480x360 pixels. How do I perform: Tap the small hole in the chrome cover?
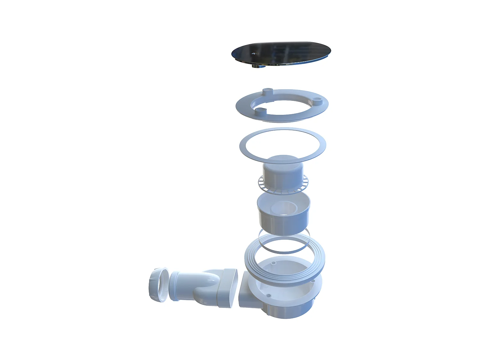coord(254,54)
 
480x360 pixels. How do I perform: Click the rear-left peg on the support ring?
coord(267,92)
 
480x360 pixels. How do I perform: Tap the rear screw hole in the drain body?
coord(274,263)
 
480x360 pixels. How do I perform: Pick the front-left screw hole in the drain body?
coord(269,295)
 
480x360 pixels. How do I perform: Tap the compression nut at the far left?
coord(157,285)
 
